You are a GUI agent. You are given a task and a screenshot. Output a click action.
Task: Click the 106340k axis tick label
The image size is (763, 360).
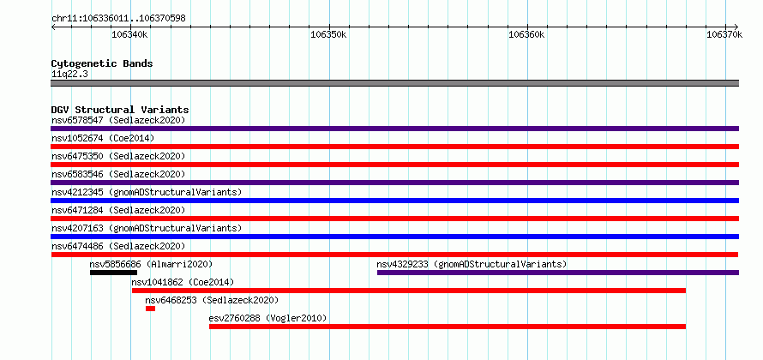tap(130, 34)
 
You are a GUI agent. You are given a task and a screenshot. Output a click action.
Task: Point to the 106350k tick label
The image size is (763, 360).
tap(328, 34)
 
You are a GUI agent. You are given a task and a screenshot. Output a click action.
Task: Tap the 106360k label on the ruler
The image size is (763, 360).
tap(526, 34)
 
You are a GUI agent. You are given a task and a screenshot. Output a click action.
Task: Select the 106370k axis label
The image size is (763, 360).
tap(724, 34)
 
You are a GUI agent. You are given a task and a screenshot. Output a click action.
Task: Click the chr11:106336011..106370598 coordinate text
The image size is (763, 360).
tap(118, 19)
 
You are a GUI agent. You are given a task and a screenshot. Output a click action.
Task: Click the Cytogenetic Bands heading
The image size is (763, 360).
tap(102, 63)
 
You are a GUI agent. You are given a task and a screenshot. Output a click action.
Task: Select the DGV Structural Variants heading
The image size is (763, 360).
tap(120, 110)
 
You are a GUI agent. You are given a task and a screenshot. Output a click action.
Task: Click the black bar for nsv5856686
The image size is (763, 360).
tap(113, 273)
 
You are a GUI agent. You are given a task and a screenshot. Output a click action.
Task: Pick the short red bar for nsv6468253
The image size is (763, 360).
tap(150, 309)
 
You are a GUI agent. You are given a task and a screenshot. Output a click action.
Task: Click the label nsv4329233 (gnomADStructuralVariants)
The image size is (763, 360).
tap(472, 264)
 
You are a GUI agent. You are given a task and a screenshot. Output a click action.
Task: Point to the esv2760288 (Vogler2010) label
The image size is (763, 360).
tap(267, 318)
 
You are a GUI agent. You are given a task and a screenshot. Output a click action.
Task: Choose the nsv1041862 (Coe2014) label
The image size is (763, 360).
tap(183, 282)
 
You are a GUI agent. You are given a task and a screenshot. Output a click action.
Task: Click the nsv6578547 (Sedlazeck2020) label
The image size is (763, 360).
tap(118, 120)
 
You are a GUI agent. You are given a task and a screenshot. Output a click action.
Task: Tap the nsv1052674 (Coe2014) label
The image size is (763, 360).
tap(103, 138)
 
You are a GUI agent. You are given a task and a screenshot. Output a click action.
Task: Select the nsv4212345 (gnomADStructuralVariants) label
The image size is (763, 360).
tap(147, 192)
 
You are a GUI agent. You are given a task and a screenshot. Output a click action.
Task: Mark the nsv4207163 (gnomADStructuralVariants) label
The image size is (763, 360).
tap(147, 228)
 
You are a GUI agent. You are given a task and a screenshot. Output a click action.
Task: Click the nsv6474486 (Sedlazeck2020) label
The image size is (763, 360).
tap(118, 246)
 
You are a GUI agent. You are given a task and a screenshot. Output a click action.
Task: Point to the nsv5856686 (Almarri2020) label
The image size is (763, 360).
tap(151, 264)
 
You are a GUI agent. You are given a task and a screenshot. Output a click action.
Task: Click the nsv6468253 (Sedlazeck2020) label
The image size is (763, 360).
tap(212, 300)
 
